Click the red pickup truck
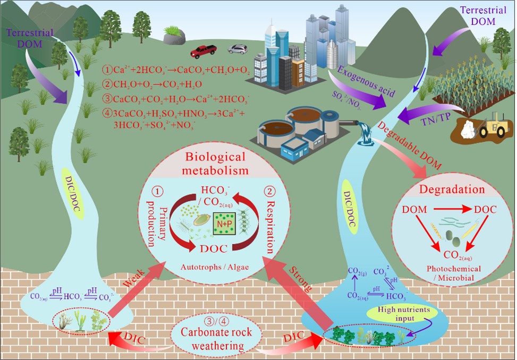(x=204, y=52)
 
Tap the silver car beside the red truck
(x=238, y=49)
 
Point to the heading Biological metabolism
(x=216, y=164)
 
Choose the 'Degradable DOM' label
(x=405, y=145)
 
